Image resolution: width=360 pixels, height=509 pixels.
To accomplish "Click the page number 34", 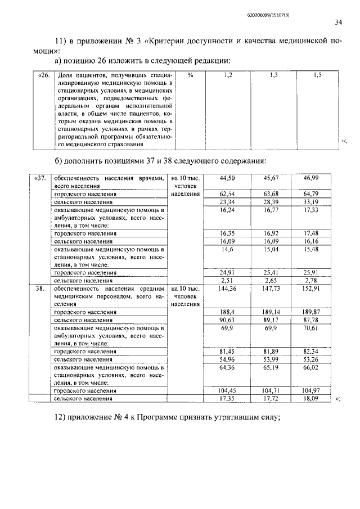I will (x=338, y=22).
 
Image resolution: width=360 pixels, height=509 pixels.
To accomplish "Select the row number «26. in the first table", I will (x=44, y=75).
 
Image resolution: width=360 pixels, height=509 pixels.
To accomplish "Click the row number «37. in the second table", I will (x=40, y=178).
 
